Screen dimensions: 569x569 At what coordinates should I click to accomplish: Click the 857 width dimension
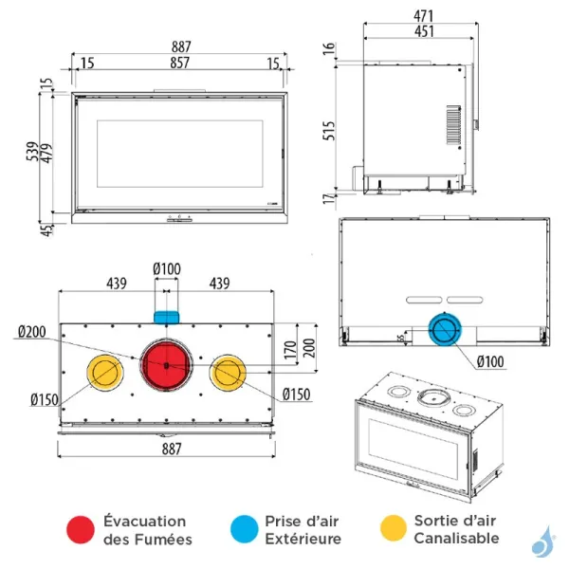coord(179,63)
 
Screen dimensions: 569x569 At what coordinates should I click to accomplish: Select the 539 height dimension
coord(32,151)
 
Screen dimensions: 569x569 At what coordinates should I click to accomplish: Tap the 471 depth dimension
coord(423,15)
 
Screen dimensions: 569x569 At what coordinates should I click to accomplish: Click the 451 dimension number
coord(423,31)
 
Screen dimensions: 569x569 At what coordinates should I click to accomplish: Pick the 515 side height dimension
coord(329,130)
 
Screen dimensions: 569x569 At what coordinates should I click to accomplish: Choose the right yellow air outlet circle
coord(229,373)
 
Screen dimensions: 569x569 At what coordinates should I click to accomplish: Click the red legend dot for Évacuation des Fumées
coord(82,529)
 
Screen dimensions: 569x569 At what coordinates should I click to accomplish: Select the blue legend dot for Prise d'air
coord(244,529)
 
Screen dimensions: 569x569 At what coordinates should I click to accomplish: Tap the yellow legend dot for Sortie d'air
coord(393,529)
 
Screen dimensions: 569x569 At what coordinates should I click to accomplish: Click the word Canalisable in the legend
coord(456,538)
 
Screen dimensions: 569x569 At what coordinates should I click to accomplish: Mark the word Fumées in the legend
coord(163,539)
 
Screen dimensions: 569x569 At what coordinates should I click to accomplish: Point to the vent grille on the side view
coord(451,124)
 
